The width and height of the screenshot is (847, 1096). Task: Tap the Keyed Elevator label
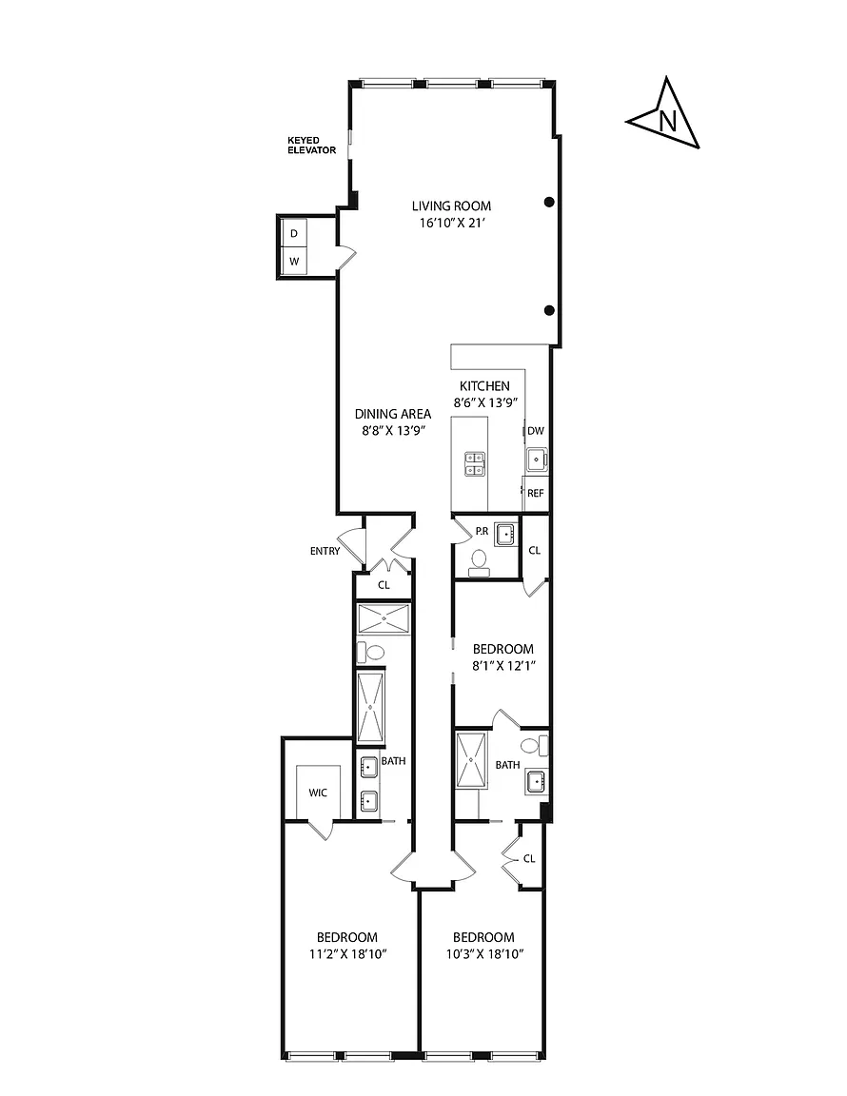tap(311, 146)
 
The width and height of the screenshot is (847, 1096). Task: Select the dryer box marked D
tap(294, 233)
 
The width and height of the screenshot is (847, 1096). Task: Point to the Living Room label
tap(451, 206)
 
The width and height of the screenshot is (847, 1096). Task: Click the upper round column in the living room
tap(550, 202)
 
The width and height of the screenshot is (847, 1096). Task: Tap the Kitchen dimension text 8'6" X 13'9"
tap(484, 402)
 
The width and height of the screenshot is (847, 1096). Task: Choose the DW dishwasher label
tap(536, 431)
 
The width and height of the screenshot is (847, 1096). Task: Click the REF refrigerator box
tap(536, 493)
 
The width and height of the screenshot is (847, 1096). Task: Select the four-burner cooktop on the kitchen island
tap(475, 463)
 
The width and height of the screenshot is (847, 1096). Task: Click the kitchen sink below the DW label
tap(537, 460)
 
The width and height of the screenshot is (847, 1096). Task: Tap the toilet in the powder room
tap(479, 562)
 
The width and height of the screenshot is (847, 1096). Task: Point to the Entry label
tap(325, 552)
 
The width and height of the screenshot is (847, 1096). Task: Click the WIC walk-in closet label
tap(318, 793)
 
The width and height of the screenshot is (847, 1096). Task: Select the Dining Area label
tap(393, 414)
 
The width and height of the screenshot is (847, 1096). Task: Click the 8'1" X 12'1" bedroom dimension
tap(503, 666)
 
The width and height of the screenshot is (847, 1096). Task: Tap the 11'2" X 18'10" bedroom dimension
tap(347, 954)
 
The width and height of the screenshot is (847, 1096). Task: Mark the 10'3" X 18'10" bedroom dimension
tap(484, 954)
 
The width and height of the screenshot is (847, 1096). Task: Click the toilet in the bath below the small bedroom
tap(534, 745)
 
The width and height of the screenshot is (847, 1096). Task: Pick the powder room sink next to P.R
tap(505, 535)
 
